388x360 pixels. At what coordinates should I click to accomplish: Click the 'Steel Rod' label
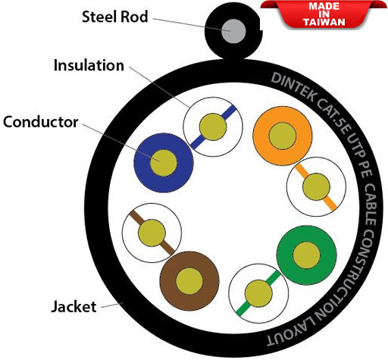115,17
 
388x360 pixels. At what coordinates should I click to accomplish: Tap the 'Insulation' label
89,65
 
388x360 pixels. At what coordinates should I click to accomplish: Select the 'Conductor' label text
40,122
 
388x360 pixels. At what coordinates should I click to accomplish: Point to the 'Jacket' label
74,307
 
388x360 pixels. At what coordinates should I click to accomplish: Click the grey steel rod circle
233,31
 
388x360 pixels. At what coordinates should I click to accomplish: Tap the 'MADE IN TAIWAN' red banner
324,14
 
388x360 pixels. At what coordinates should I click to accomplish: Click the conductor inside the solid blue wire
164,163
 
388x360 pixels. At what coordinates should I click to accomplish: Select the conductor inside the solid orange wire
283,136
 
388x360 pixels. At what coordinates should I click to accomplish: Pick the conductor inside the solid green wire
306,255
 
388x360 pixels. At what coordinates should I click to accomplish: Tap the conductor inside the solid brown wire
189,281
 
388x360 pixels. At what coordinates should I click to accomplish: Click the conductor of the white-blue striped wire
213,127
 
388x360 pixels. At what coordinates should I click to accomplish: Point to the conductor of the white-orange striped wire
316,186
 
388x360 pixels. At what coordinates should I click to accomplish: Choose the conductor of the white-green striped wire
258,293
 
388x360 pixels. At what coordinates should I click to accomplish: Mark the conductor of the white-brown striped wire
152,233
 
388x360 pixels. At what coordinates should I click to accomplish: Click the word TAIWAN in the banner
324,22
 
